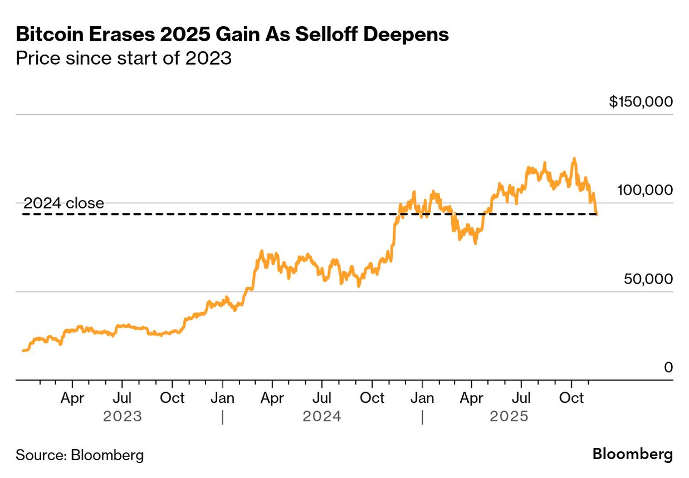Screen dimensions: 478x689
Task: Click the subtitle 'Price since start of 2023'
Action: (x=123, y=58)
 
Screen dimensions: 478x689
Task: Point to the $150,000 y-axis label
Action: (x=641, y=102)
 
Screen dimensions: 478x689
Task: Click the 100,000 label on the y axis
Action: (x=645, y=191)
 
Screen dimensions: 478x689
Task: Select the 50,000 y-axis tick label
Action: (x=648, y=279)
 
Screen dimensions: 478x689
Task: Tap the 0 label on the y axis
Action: (x=668, y=368)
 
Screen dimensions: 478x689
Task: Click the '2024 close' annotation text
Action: (x=63, y=203)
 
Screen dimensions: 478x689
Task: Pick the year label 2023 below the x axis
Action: (x=123, y=417)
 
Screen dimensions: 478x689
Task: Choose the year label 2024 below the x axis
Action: (x=322, y=417)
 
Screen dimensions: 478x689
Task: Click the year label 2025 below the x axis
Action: (x=509, y=417)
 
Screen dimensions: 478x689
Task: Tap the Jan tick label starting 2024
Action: (x=222, y=398)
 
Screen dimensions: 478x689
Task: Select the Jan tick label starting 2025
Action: (x=422, y=398)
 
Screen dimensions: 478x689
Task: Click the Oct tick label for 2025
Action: (x=571, y=398)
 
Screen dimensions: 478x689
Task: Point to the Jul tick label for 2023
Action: (x=122, y=398)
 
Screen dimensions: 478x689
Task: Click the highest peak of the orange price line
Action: (x=574, y=159)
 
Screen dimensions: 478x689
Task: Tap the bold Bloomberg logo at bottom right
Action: (x=632, y=454)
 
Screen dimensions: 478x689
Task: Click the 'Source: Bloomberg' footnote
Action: (x=80, y=455)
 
